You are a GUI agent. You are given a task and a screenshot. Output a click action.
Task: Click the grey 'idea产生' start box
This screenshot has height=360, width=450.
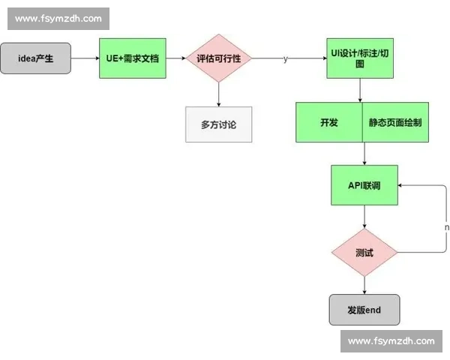(36, 58)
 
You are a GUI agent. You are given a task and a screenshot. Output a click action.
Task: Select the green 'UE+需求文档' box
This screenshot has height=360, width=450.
(131, 58)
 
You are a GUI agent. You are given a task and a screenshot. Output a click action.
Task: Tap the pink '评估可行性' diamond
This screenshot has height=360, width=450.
(218, 58)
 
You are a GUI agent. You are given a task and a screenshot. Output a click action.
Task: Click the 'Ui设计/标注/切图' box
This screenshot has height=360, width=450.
(359, 58)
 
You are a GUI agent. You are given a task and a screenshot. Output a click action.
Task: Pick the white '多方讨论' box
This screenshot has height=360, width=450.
(218, 124)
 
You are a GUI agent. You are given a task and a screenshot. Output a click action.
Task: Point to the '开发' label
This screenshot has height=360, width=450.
(328, 122)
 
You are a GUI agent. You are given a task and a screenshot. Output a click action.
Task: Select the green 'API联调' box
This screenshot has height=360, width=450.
(364, 184)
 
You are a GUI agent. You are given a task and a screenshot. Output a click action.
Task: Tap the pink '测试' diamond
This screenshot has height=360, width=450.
(364, 252)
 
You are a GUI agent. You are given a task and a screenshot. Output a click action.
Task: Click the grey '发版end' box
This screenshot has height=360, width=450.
(364, 309)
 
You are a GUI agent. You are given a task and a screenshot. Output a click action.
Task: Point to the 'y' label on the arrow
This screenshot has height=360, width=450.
(285, 58)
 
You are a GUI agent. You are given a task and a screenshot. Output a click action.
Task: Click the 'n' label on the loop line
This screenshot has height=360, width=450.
(446, 226)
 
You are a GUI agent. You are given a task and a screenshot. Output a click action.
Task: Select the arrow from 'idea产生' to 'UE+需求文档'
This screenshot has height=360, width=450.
(85, 58)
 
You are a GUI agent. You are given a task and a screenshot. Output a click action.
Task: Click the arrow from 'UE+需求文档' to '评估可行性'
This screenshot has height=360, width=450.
(175, 58)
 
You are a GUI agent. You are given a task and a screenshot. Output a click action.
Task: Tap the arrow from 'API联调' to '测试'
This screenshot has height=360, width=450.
(364, 217)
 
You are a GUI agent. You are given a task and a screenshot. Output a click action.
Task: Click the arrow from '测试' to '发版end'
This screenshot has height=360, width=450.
(364, 284)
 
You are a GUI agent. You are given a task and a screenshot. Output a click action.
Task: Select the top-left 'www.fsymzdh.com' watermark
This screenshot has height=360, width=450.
(58, 18)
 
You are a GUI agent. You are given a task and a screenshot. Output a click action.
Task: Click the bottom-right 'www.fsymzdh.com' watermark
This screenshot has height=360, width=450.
(391, 341)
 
